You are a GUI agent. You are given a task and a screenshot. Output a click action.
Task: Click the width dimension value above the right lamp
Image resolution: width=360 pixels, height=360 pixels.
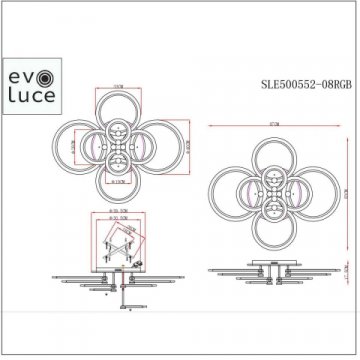[x=266, y=119]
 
